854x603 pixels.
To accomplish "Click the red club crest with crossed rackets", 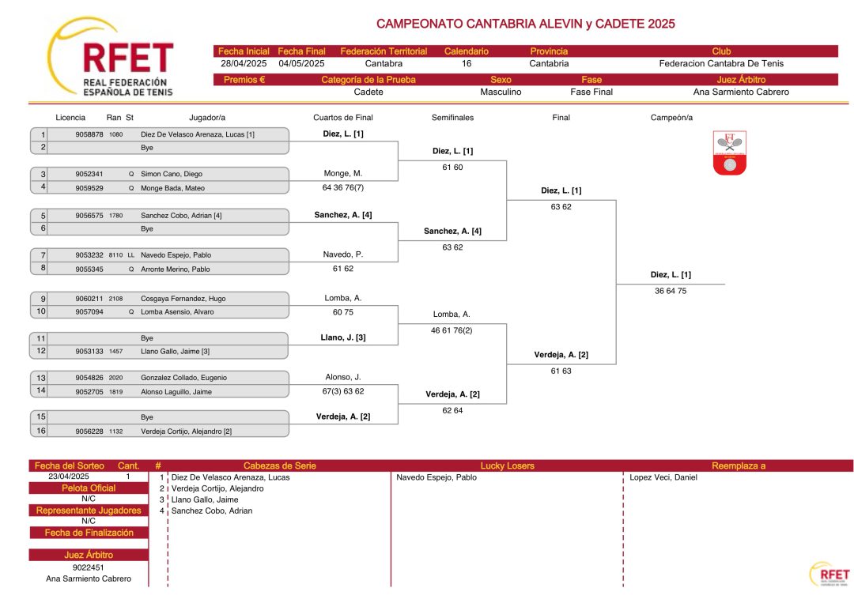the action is click(729, 153).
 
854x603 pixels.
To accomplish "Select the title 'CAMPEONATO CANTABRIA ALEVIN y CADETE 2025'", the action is click(526, 24).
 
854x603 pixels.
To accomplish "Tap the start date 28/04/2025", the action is click(244, 64).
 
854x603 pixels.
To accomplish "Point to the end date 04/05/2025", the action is click(301, 64).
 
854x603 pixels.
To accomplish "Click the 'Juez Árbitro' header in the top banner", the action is click(741, 80).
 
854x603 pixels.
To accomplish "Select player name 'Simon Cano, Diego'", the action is click(172, 174).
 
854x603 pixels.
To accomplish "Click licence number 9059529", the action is click(89, 188).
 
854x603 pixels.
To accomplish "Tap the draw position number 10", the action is click(41, 311).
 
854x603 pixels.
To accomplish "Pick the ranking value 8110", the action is click(115, 254).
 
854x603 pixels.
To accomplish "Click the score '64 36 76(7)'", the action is click(343, 188).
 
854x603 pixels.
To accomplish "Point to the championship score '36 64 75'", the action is click(671, 291).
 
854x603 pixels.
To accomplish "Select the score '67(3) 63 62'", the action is click(343, 391).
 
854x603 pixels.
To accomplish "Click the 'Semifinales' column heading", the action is click(452, 118).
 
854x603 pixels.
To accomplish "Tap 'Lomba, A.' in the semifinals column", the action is click(452, 314).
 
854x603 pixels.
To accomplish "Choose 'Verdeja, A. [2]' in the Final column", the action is click(561, 355).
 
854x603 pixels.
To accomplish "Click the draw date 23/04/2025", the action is click(69, 477).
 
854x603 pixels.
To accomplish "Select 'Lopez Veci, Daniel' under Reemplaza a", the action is click(663, 477).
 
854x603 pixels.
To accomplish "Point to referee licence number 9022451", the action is click(89, 567).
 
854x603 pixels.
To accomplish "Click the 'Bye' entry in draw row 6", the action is click(147, 228).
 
